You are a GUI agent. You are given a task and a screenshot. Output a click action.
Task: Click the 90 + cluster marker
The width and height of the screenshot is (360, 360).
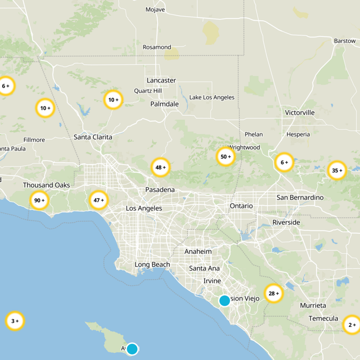tap(39, 200)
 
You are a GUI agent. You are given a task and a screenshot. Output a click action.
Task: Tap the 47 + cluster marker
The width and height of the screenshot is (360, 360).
tap(99, 200)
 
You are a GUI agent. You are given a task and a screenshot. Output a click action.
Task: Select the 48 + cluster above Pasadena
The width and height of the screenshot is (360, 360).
tap(161, 167)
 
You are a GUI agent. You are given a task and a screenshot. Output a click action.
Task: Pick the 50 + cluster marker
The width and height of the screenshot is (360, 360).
tap(226, 157)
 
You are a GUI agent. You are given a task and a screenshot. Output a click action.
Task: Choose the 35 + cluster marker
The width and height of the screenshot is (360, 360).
tap(337, 171)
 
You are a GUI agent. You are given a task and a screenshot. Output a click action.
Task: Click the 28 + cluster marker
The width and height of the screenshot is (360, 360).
tap(274, 293)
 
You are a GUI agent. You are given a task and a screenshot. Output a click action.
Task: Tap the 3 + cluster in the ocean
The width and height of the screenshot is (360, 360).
tap(15, 321)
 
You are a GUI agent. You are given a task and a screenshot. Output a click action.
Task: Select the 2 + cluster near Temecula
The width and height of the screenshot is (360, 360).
tap(351, 324)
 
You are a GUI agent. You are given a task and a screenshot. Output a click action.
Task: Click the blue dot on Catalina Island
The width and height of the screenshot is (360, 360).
tap(132, 349)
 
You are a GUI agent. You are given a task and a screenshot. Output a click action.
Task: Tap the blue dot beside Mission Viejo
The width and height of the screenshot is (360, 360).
tap(225, 301)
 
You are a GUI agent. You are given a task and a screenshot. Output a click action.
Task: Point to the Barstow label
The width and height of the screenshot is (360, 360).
tap(345, 41)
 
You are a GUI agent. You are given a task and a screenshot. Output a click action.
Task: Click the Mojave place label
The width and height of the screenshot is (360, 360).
tap(155, 9)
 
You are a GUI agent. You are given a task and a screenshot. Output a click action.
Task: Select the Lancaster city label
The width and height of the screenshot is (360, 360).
tap(161, 81)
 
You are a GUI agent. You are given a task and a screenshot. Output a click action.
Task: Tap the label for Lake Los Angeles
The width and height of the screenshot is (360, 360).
tap(211, 97)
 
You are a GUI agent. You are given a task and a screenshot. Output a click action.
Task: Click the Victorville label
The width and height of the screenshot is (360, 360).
tap(300, 112)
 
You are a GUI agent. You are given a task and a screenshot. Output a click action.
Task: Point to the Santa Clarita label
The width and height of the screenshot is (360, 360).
tap(93, 137)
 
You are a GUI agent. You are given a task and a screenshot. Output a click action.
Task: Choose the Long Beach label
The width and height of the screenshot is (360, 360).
tap(152, 265)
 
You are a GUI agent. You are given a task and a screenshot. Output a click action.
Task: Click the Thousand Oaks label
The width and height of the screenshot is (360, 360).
tap(46, 185)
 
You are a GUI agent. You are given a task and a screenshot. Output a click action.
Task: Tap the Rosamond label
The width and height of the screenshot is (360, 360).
tap(157, 47)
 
